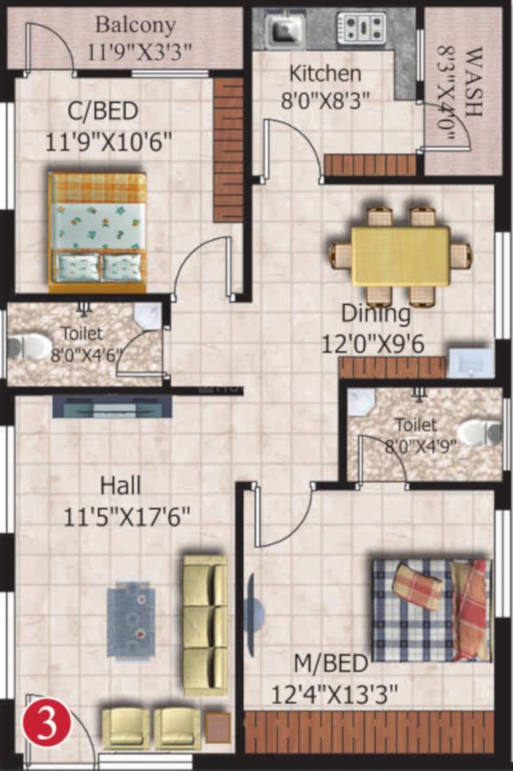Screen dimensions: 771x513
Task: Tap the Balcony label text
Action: point(135,24)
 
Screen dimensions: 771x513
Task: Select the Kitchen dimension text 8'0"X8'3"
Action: point(325,101)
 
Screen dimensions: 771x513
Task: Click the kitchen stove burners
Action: point(361,29)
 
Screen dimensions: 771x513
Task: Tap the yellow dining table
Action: point(400,255)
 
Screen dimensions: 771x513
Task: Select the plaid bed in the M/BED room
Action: point(429,609)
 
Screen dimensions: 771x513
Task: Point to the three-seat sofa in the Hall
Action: point(205,625)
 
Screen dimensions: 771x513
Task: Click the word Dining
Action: point(376,313)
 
